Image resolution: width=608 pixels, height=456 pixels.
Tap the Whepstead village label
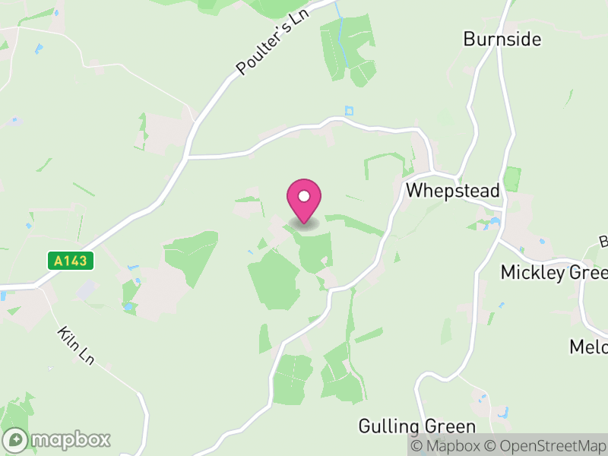(452, 191)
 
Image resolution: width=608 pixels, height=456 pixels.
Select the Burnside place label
(502, 39)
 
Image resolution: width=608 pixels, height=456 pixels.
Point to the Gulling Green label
(417, 426)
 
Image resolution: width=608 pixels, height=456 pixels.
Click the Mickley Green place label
(554, 273)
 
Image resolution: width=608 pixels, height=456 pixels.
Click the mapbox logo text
(70, 439)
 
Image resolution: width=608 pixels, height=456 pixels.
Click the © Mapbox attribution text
(446, 445)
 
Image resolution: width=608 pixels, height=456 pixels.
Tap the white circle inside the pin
(304, 196)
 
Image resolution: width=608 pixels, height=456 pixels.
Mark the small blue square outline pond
(349, 110)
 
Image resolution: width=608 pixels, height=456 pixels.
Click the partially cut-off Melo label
(588, 347)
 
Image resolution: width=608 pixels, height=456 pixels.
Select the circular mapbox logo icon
(17, 439)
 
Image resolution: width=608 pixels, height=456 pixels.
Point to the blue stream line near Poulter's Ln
(340, 30)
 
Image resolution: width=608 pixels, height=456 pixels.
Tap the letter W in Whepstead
(415, 191)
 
